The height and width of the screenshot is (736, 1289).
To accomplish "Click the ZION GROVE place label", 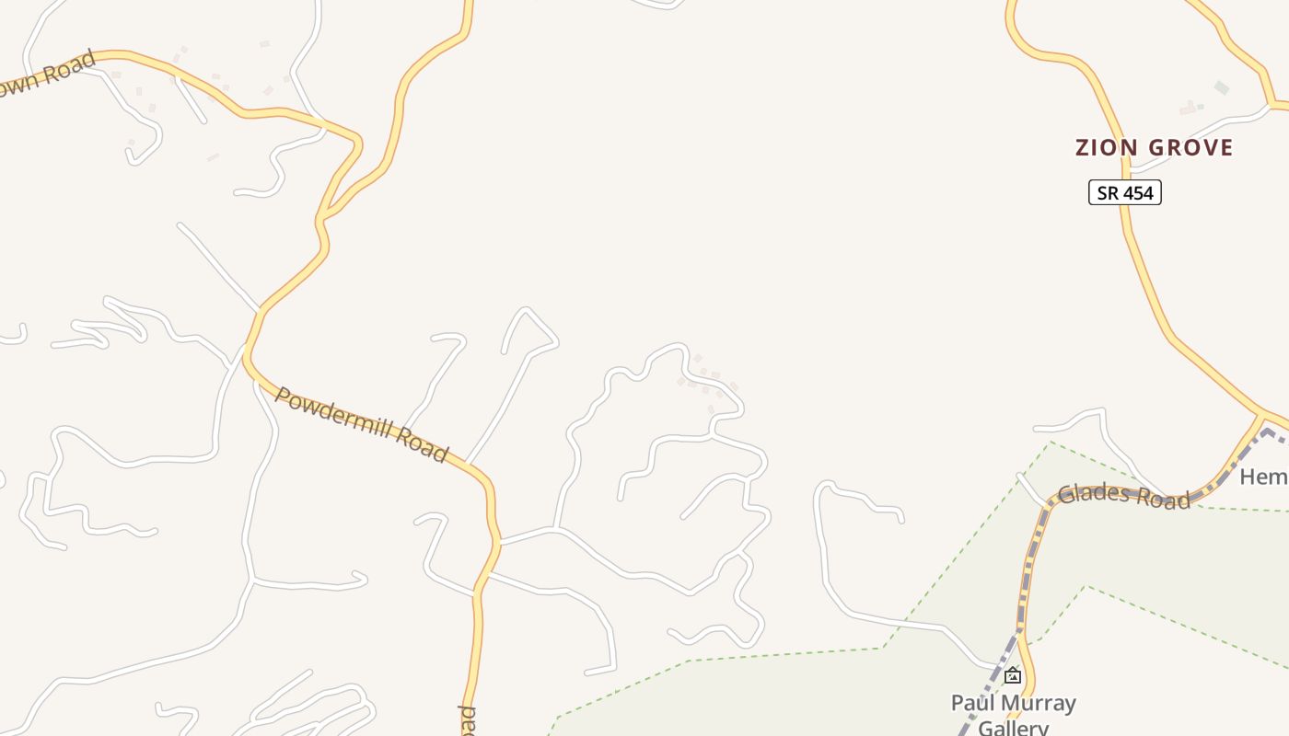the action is [1154, 147].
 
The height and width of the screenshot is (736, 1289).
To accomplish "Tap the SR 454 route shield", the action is [1124, 192].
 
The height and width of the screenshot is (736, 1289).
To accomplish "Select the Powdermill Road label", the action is [362, 425].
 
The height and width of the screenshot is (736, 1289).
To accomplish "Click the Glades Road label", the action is [1123, 496].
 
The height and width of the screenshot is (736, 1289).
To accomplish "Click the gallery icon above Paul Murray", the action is [1013, 675].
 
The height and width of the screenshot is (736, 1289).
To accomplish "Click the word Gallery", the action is [1013, 728].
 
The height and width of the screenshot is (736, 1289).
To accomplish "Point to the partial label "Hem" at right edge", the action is [1263, 477].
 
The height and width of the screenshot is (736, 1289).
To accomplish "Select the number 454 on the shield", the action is [1138, 192].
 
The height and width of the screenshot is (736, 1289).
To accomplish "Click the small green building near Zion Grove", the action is [1221, 87].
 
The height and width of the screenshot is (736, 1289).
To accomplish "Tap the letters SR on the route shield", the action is [1107, 192].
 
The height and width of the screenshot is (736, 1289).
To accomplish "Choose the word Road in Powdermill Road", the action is [422, 443].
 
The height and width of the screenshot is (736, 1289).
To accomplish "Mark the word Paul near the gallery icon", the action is [971, 704].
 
